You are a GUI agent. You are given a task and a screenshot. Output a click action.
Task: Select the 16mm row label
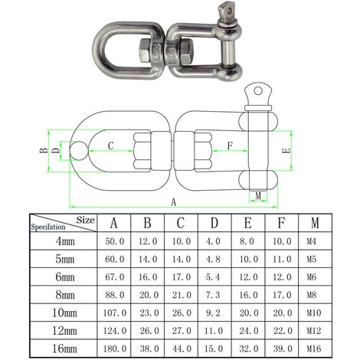point(61,348)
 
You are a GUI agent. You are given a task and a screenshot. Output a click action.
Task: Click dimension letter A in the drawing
point(172,202)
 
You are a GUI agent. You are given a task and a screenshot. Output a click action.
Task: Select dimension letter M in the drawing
point(258,196)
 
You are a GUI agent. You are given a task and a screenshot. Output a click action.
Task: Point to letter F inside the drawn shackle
point(231,144)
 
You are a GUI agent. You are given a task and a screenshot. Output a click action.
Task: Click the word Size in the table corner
point(87,219)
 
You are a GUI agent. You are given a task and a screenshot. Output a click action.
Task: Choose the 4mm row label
point(61,241)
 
